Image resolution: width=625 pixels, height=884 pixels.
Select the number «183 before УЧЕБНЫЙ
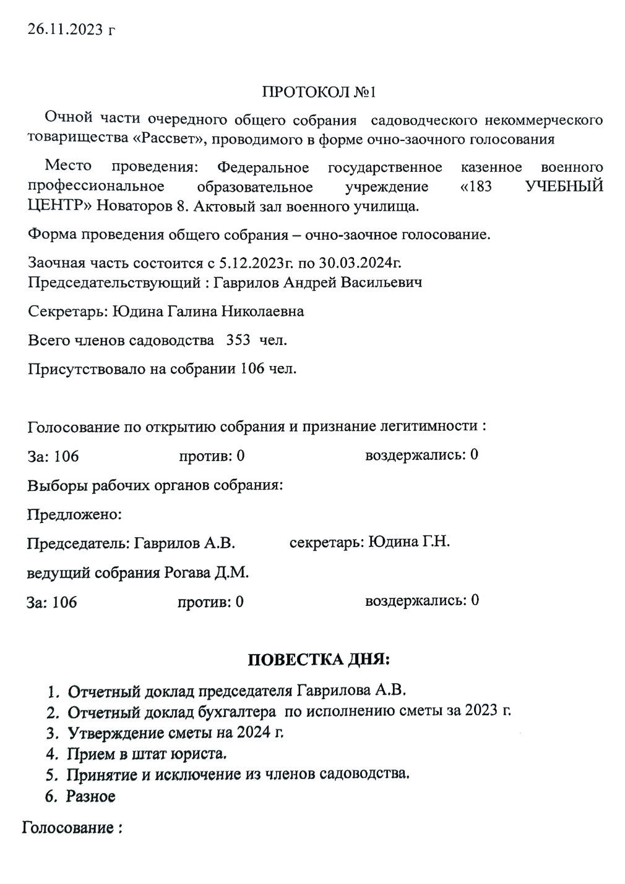click(x=476, y=186)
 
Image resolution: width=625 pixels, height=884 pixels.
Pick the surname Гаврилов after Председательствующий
click(x=245, y=283)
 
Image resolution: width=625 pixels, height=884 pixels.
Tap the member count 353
click(x=238, y=340)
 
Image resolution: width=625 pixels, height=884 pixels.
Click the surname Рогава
click(x=188, y=572)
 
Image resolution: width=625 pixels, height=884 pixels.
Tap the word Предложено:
click(x=74, y=514)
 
